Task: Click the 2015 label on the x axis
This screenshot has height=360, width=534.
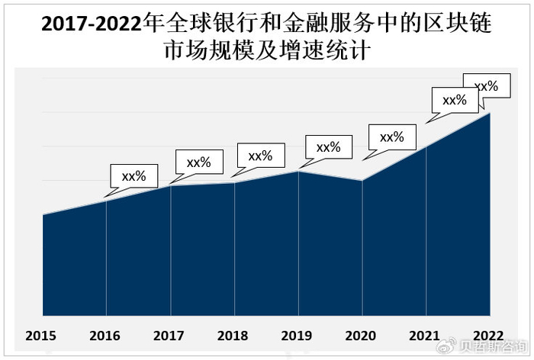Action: tap(41, 335)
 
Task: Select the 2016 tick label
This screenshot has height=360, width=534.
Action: tap(105, 335)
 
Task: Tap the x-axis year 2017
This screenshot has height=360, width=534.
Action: tap(169, 335)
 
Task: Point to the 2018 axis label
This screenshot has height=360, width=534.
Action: tap(232, 335)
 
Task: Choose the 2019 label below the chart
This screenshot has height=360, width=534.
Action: tap(296, 335)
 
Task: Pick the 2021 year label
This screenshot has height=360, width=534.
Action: tap(424, 335)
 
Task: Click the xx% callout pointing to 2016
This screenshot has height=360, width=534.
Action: tap(133, 176)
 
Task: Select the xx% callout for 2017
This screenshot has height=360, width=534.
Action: tap(198, 162)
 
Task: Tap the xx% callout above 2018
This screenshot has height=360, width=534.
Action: tap(260, 156)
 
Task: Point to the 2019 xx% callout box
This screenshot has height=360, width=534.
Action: tap(328, 147)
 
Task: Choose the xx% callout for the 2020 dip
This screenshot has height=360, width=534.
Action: tap(391, 137)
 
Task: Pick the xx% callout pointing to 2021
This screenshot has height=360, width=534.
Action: tap(455, 100)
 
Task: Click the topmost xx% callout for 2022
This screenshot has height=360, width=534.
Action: tap(486, 86)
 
